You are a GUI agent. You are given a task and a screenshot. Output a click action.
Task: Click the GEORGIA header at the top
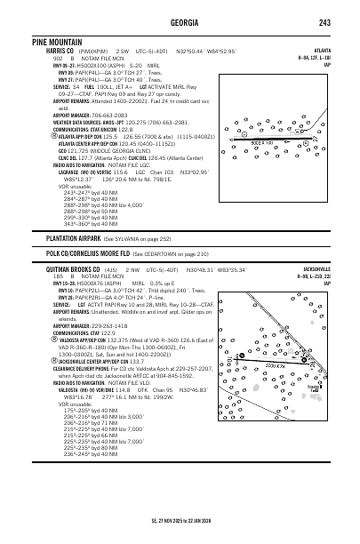pyautogui.click(x=180, y=22)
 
